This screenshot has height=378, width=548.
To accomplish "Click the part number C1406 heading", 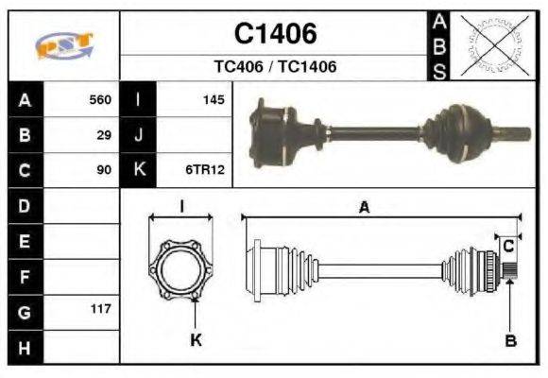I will [275, 34].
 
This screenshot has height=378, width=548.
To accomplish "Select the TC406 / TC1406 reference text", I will [275, 67].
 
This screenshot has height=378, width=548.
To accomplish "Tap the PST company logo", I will [63, 44].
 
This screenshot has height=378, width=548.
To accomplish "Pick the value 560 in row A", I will [99, 100].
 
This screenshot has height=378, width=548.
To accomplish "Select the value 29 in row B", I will [104, 135].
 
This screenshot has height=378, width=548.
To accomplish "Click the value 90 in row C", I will [104, 170].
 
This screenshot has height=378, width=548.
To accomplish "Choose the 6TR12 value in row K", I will [205, 170].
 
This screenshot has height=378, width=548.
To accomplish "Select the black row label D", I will [25, 205].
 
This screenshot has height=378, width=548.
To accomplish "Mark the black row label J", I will [138, 135].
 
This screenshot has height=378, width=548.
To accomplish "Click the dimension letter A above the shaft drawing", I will [364, 208].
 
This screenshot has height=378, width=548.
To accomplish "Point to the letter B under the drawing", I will [510, 340].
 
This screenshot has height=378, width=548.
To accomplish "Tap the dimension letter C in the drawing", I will [507, 246].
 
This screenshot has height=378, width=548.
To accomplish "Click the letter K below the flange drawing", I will [196, 340].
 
